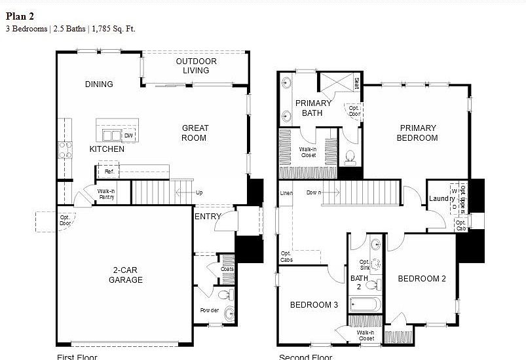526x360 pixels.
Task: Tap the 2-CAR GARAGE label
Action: (x=125, y=275)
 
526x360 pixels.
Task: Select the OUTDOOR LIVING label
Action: (x=196, y=66)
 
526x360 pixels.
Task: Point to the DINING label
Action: (x=99, y=84)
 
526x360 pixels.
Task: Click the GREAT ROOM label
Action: (x=195, y=133)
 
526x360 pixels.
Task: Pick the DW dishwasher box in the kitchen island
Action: (x=128, y=135)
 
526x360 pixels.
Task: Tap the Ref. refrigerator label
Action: (x=109, y=171)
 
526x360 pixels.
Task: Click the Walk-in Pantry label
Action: (x=106, y=194)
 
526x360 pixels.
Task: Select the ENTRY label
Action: (x=208, y=216)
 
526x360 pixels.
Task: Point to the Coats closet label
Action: (x=227, y=268)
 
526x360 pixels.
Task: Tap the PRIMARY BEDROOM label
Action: (x=417, y=133)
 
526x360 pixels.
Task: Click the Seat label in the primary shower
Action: (x=356, y=83)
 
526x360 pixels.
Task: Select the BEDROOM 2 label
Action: (x=422, y=279)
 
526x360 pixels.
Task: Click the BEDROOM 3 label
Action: (x=314, y=304)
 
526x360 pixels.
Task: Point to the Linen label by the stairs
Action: (x=286, y=193)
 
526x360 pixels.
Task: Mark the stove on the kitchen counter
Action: (x=65, y=149)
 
